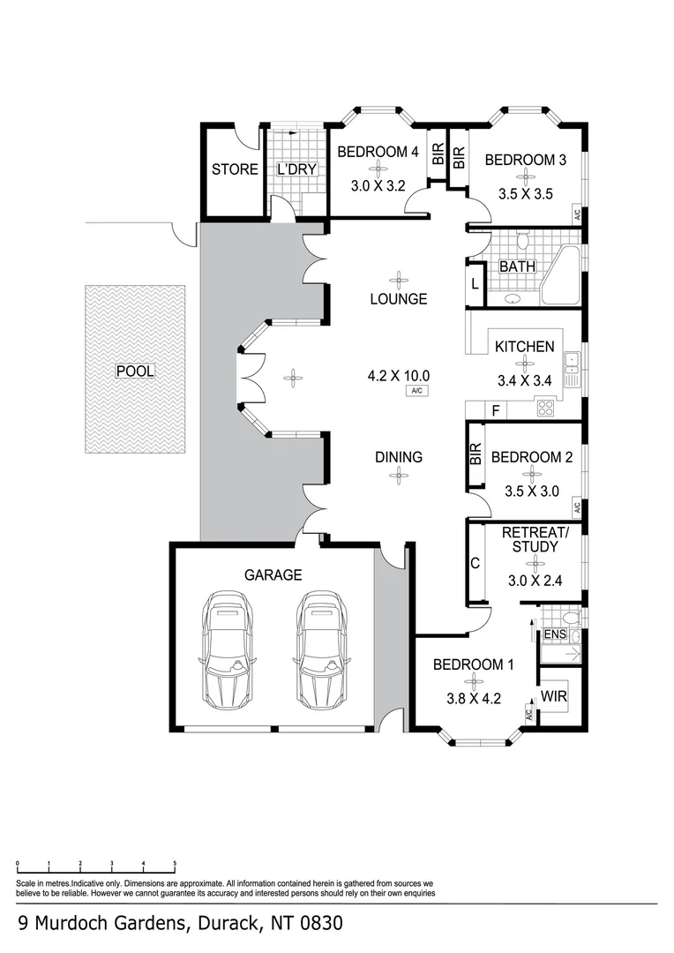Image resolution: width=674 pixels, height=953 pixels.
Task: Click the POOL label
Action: click(x=135, y=371)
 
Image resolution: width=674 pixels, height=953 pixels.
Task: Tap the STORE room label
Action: click(x=235, y=169)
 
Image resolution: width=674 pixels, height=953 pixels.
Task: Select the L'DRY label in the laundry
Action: click(x=297, y=169)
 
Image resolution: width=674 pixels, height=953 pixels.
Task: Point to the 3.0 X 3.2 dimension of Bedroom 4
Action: click(x=378, y=186)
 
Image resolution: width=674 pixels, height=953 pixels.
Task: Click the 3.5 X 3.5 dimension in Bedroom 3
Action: click(x=526, y=194)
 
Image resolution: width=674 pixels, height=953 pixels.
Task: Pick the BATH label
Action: click(x=518, y=266)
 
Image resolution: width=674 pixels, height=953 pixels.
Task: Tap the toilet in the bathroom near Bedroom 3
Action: click(x=522, y=240)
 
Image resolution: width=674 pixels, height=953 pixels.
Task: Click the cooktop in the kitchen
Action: click(x=545, y=408)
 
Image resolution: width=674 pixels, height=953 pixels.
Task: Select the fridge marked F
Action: click(x=495, y=411)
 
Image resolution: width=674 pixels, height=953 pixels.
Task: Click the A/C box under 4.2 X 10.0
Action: click(x=417, y=391)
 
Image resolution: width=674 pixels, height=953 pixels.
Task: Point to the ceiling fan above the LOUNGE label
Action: click(x=399, y=281)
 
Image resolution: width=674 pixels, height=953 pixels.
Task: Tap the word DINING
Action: click(x=399, y=457)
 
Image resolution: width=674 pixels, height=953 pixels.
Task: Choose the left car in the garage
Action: click(x=226, y=649)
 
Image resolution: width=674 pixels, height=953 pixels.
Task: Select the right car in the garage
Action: click(x=321, y=649)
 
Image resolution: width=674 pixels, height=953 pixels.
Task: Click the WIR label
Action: click(x=554, y=696)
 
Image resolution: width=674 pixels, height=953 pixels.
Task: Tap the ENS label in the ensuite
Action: click(x=555, y=634)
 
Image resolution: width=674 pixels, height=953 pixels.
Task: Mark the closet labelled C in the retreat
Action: click(x=476, y=563)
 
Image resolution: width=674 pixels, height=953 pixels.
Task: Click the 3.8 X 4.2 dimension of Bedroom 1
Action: click(x=474, y=699)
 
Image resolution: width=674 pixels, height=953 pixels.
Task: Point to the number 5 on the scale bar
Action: click(x=175, y=863)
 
